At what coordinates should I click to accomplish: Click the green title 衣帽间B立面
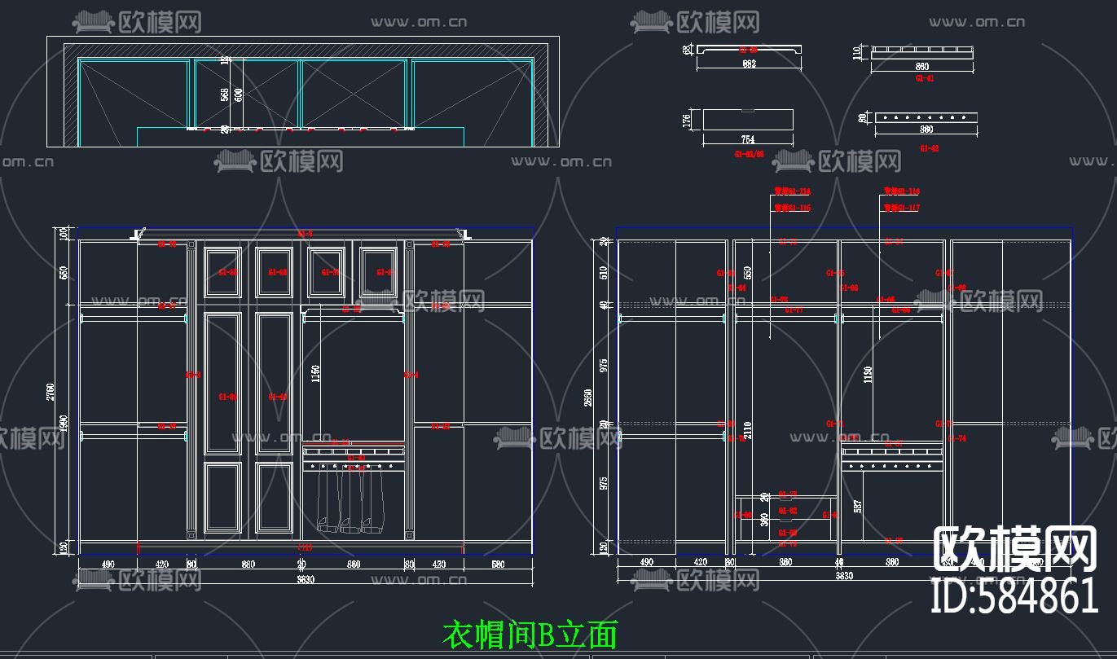click(530, 634)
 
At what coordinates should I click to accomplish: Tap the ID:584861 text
click(1015, 595)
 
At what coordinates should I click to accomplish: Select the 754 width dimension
click(749, 139)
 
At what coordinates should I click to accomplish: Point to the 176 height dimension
click(686, 121)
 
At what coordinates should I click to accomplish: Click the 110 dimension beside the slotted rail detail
click(856, 53)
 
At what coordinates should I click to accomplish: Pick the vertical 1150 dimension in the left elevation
click(315, 374)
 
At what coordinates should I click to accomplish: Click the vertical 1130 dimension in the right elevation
click(868, 374)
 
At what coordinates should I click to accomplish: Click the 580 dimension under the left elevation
click(498, 564)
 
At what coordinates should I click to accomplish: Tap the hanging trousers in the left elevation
click(350, 501)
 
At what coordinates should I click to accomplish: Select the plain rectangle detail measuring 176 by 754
click(748, 120)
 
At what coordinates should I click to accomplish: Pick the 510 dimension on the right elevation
click(604, 272)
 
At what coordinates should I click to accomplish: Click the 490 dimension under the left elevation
click(108, 564)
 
